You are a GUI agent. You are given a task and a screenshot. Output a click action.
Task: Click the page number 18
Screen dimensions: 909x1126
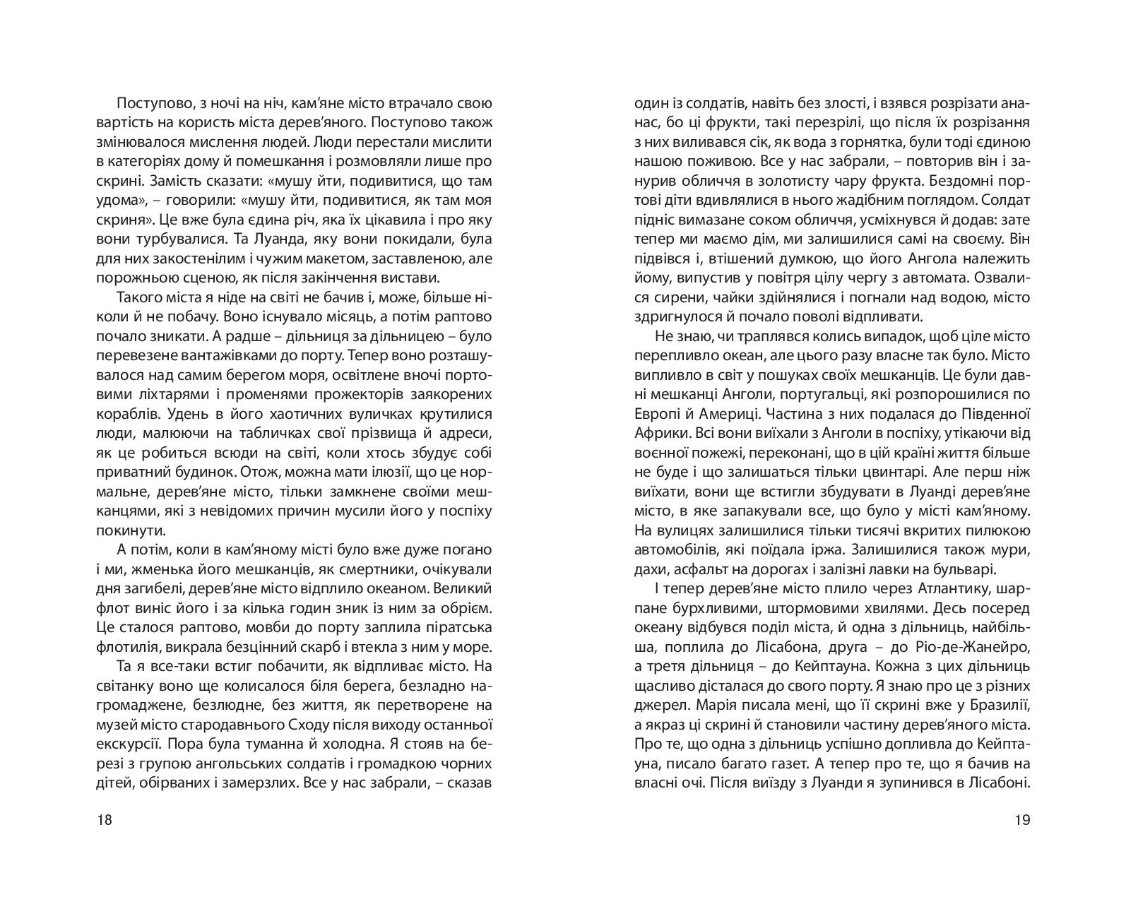tap(104, 820)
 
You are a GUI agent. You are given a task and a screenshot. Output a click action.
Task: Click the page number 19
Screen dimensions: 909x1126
tap(1021, 820)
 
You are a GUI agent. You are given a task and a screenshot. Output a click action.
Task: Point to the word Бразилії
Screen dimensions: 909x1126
tap(992, 705)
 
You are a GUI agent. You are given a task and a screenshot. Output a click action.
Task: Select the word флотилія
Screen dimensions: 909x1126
tap(124, 647)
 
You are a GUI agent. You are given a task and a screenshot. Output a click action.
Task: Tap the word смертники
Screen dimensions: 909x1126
tap(374, 569)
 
